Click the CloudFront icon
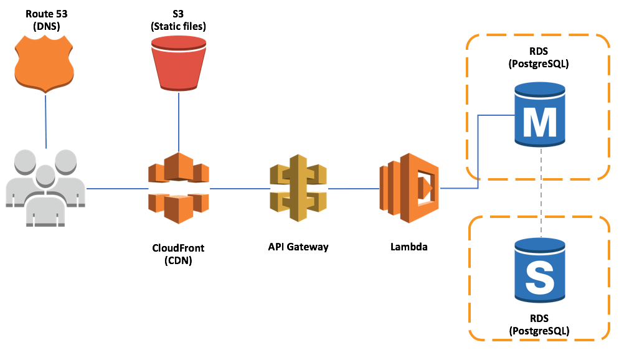tap(179, 187)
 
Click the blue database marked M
tap(539, 116)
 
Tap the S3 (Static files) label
tap(179, 20)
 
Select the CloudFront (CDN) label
tap(178, 254)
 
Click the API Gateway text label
tap(298, 247)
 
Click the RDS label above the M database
tap(539, 58)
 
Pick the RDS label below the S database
tap(539, 324)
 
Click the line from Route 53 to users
tap(46, 121)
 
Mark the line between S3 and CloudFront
tap(179, 125)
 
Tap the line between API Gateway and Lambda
tap(353, 188)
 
